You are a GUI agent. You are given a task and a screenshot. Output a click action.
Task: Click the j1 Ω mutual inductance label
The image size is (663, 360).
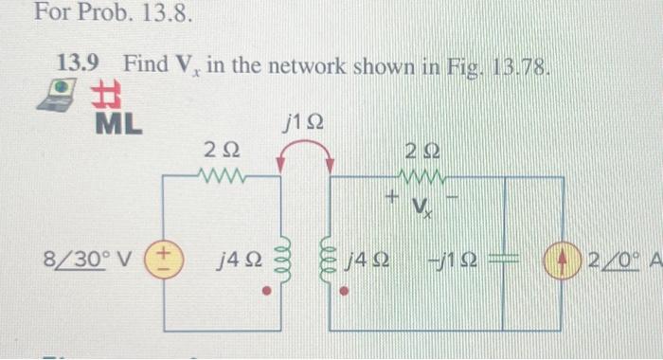click(x=306, y=122)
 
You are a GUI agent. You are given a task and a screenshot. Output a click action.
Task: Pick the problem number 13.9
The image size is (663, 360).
click(x=77, y=64)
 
